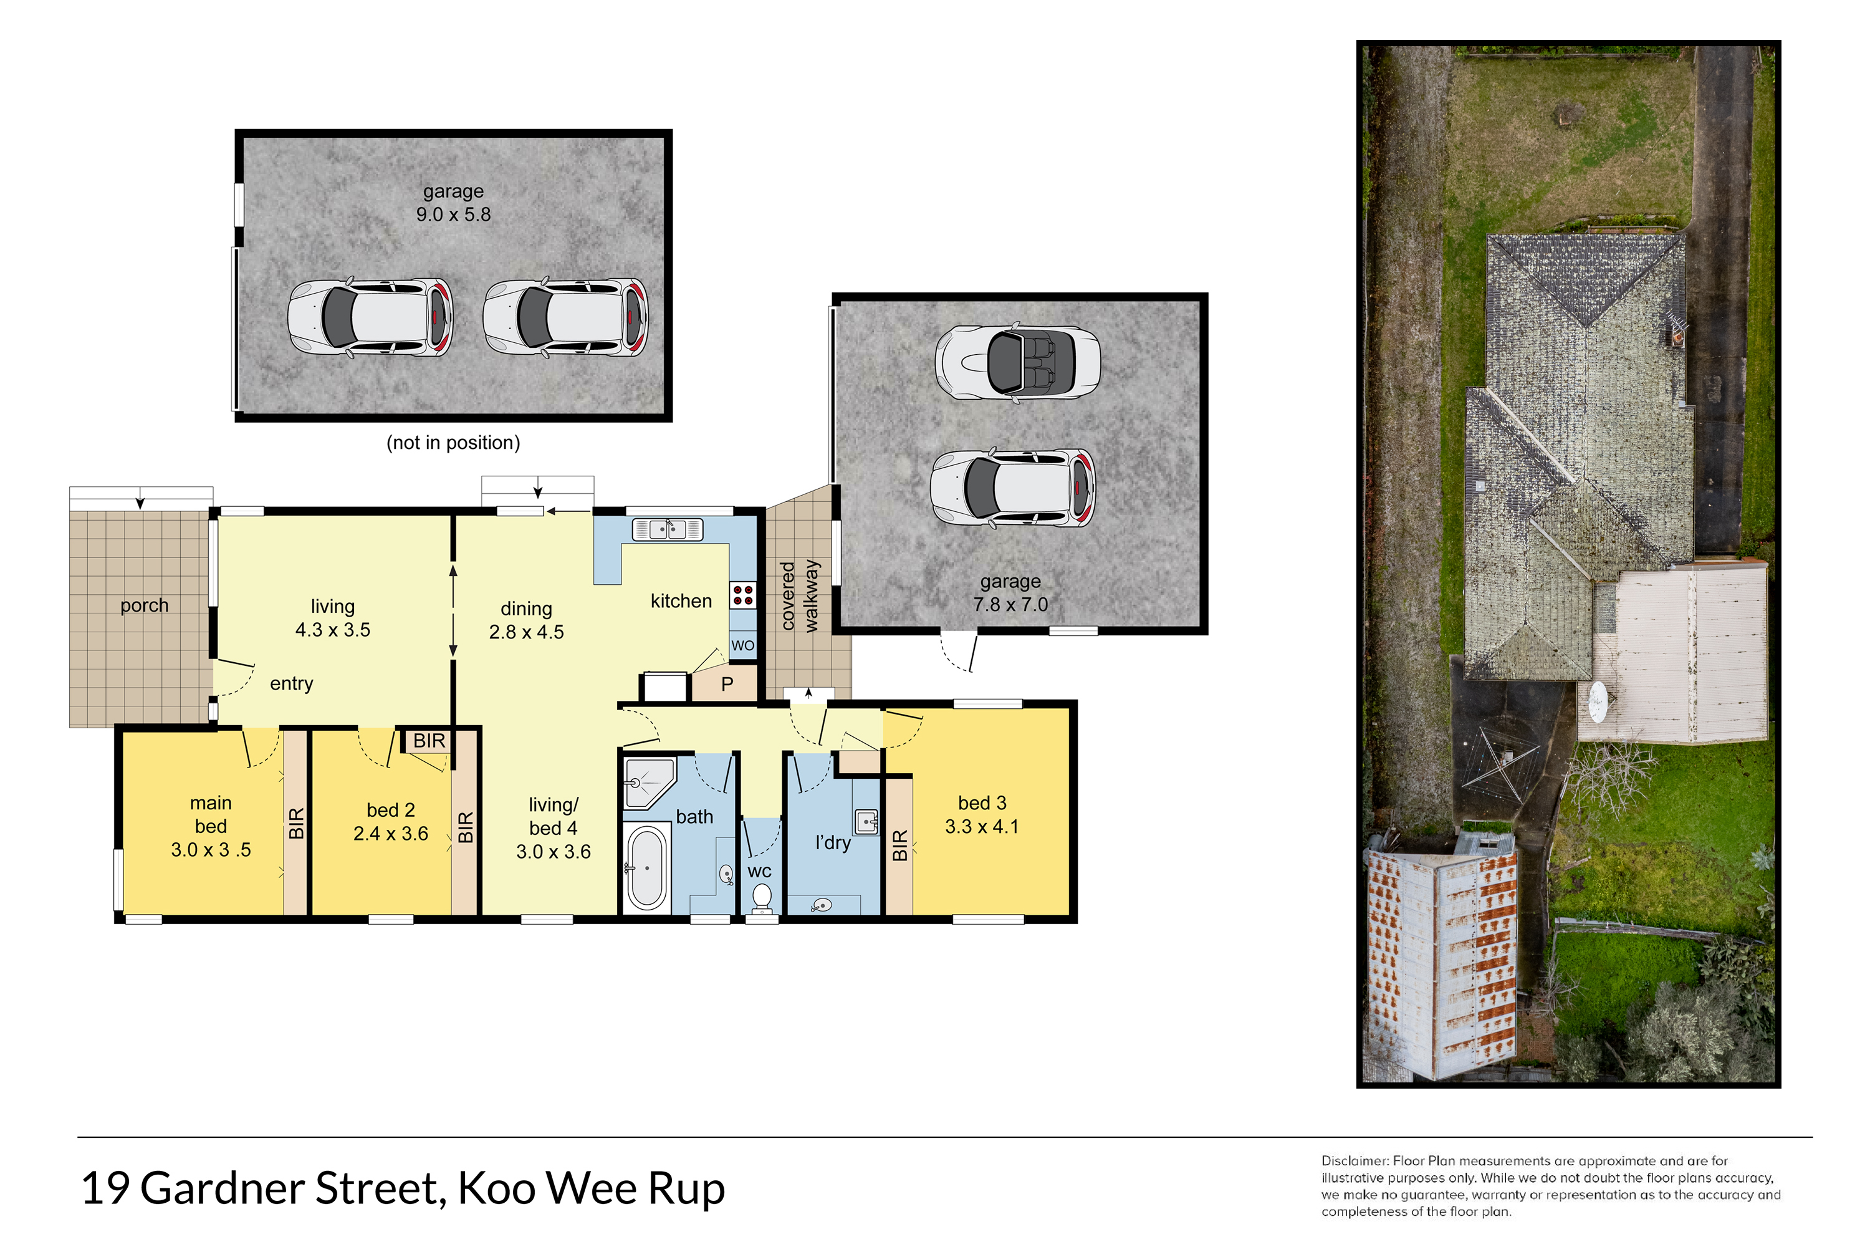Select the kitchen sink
pos(668,529)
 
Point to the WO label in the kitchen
pos(742,645)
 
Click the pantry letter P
pos(727,684)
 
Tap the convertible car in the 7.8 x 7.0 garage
pos(1018,362)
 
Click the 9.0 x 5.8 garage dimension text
pos(453,214)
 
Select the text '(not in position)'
pos(453,442)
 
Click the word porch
pos(144,606)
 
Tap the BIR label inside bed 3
pos(899,845)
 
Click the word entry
pos(291,684)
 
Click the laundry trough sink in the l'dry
pos(865,821)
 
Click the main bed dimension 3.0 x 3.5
pos(211,850)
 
